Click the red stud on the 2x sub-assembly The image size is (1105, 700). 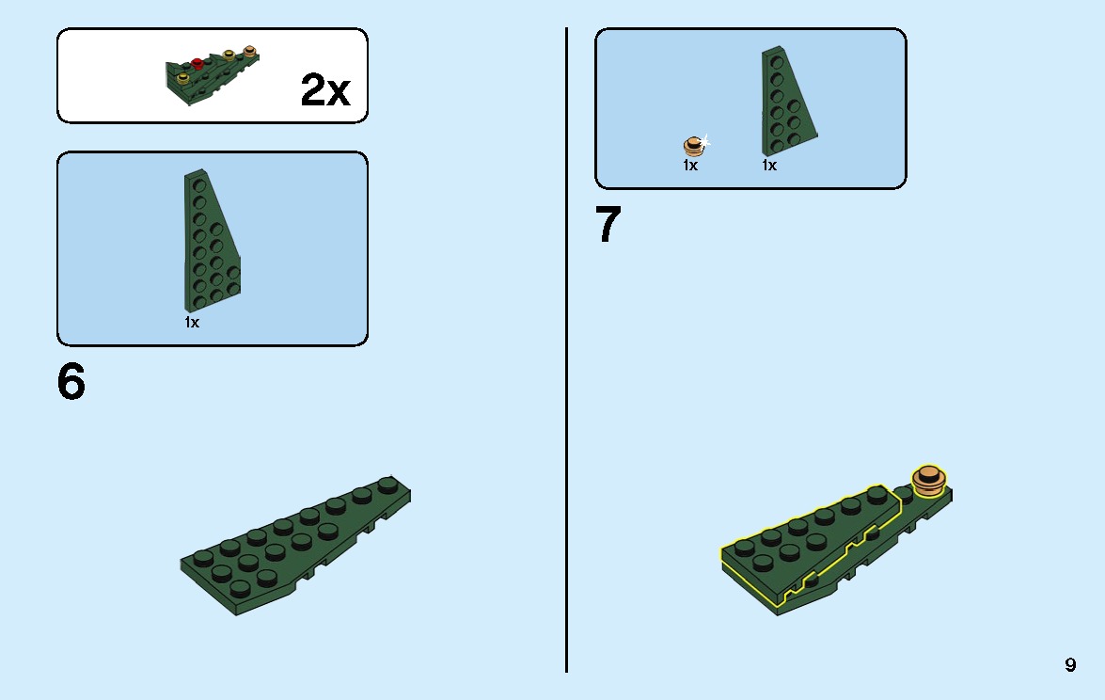pos(197,63)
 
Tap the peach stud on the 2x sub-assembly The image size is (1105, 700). pos(249,51)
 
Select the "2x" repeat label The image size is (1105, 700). pos(324,89)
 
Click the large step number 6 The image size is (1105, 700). pos(71,382)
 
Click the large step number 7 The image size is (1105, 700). pos(608,224)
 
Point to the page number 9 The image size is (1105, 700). pos(1070,665)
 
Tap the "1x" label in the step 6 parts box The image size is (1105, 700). pos(192,322)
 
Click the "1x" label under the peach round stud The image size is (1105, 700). pos(690,165)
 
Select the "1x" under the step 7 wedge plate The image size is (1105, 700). pos(769,165)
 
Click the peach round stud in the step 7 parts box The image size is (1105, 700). pos(693,146)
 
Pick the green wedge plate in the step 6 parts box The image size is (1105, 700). pos(212,240)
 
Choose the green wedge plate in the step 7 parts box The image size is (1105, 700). pos(788,101)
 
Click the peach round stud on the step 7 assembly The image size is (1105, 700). pos(929,479)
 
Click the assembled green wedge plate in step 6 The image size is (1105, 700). pos(294,544)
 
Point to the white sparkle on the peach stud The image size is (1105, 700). pos(703,142)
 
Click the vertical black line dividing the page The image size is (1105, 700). pos(566,350)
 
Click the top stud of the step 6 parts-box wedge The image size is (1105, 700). pos(200,184)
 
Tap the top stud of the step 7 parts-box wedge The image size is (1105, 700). pos(778,62)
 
